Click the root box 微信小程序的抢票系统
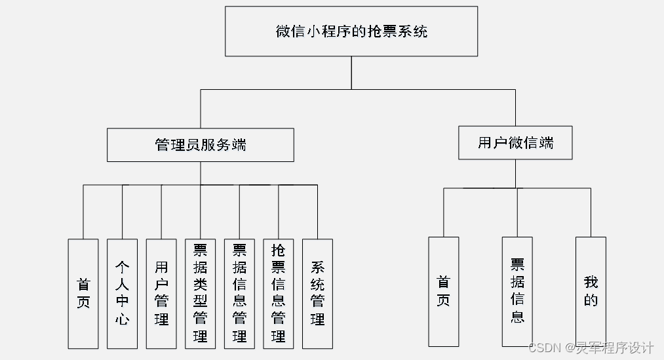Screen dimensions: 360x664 [351, 31]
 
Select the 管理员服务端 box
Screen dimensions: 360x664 [201, 145]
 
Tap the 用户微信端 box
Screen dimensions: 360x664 [515, 143]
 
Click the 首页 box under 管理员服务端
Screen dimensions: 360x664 [83, 293]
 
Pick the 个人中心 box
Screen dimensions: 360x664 [123, 293]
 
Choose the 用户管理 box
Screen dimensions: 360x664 [161, 293]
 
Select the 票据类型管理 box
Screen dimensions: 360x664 [201, 293]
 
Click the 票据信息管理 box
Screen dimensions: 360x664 [239, 293]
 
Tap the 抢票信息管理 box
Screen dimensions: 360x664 [279, 293]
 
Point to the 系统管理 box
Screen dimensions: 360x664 [317, 293]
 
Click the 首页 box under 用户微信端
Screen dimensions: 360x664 [444, 291]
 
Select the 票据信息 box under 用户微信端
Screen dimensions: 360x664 [517, 291]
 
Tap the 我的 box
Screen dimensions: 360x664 [591, 291]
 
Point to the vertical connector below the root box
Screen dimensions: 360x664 [351, 72]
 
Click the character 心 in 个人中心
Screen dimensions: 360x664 [123, 319]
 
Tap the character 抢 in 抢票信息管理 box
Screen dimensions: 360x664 [279, 250]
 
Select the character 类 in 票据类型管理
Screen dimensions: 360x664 [201, 284]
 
